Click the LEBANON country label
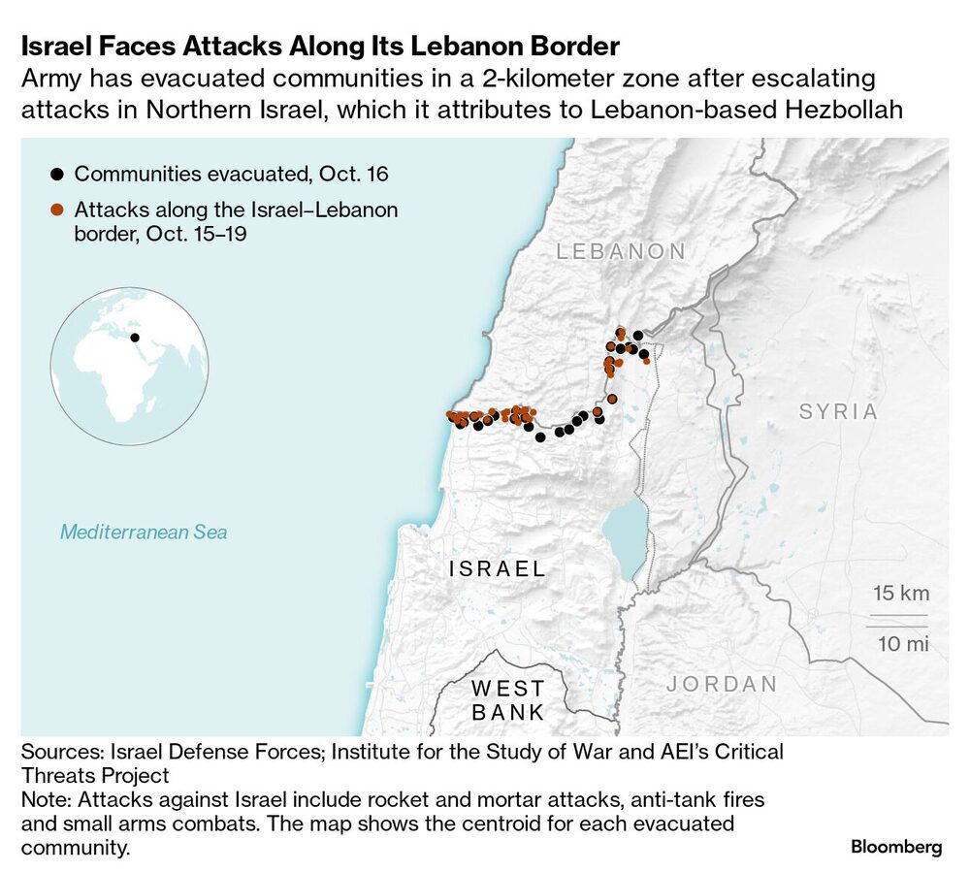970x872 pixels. (x=621, y=251)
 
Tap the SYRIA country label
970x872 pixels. (x=838, y=411)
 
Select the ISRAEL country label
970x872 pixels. (x=498, y=568)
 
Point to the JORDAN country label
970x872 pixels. (x=722, y=684)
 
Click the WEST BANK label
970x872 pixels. (x=507, y=700)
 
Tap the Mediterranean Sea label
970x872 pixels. (x=144, y=532)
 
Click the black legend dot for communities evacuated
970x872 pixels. (x=57, y=175)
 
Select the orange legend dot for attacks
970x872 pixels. (x=57, y=210)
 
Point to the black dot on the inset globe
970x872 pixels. (x=135, y=339)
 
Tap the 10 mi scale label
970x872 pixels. (x=903, y=643)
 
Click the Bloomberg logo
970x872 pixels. (x=896, y=847)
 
